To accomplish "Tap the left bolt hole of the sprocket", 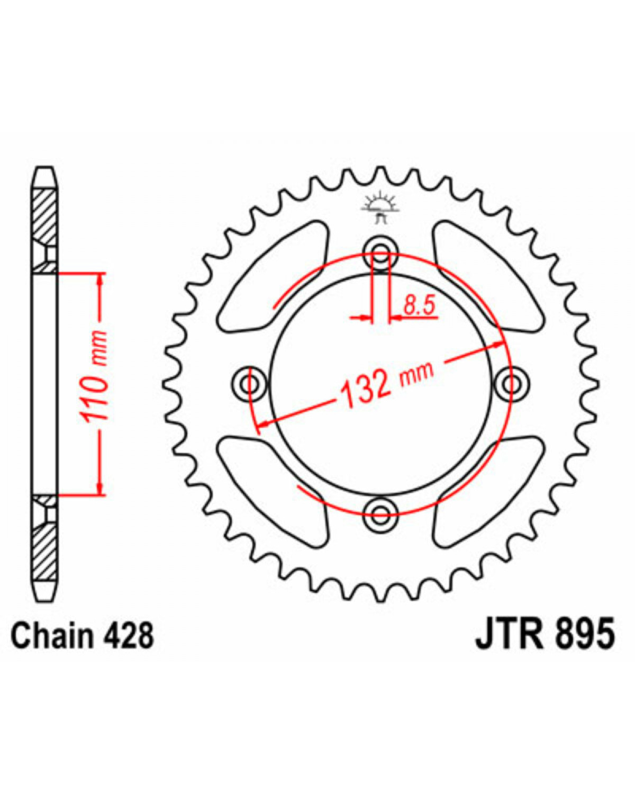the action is [x=250, y=384].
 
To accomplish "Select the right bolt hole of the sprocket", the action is [x=511, y=384].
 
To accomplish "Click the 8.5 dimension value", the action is [x=420, y=305].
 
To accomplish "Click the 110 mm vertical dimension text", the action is [x=94, y=376].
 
